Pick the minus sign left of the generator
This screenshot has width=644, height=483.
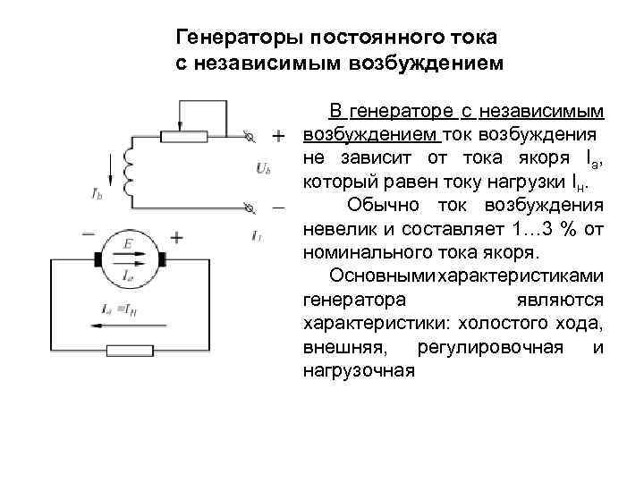(89, 233)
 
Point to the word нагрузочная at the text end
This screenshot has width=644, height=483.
(359, 369)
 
